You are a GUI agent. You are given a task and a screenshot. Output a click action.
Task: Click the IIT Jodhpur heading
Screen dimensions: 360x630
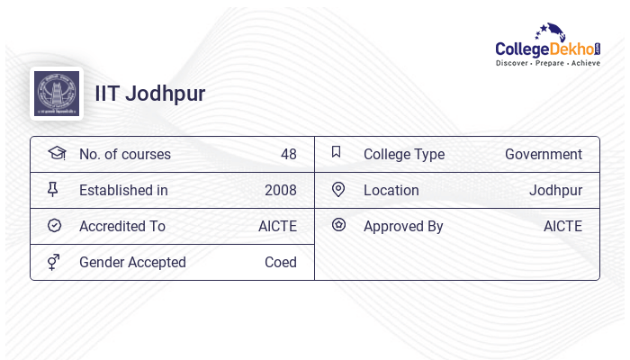pyautogui.click(x=150, y=94)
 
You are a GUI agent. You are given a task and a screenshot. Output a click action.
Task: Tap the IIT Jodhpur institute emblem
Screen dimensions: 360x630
pyautogui.click(x=56, y=94)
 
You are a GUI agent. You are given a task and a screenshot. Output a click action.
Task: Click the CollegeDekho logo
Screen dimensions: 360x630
pyautogui.click(x=547, y=45)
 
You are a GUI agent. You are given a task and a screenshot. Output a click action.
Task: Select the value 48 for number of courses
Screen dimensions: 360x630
pyautogui.click(x=288, y=155)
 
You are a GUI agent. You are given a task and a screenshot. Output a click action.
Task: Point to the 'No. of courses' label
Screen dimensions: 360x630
pyautogui.click(x=124, y=155)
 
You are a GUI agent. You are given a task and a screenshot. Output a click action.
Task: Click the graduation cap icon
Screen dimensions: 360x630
pyautogui.click(x=56, y=154)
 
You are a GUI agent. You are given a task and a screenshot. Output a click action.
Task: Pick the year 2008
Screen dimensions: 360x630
pyautogui.click(x=280, y=191)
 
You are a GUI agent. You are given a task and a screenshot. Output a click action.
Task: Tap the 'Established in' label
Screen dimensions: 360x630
pyautogui.click(x=123, y=191)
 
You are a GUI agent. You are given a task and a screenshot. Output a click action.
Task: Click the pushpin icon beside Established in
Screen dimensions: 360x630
pyautogui.click(x=53, y=190)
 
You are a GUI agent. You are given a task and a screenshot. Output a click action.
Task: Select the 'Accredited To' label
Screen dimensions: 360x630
pyautogui.click(x=122, y=227)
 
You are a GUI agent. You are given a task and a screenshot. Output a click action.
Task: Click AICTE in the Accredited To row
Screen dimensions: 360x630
pyautogui.click(x=277, y=227)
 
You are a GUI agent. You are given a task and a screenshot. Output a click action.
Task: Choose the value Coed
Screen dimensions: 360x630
pyautogui.click(x=280, y=263)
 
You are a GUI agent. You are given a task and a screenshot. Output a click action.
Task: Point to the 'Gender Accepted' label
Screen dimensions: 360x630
pyautogui.click(x=132, y=263)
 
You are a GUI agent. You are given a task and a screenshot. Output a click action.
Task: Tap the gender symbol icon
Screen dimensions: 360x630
pyautogui.click(x=54, y=262)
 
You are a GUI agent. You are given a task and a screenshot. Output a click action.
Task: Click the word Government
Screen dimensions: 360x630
pyautogui.click(x=543, y=155)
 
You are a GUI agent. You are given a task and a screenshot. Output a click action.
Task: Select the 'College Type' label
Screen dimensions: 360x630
pyautogui.click(x=404, y=155)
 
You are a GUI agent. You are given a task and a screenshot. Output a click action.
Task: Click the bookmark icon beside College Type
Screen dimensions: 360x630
pyautogui.click(x=337, y=153)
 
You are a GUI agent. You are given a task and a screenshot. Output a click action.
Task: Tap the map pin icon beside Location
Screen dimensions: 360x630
pyautogui.click(x=338, y=190)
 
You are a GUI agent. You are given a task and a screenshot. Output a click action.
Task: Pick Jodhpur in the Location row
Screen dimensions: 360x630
pyautogui.click(x=555, y=191)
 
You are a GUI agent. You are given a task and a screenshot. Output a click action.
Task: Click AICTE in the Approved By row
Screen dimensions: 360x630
pyautogui.click(x=562, y=227)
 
